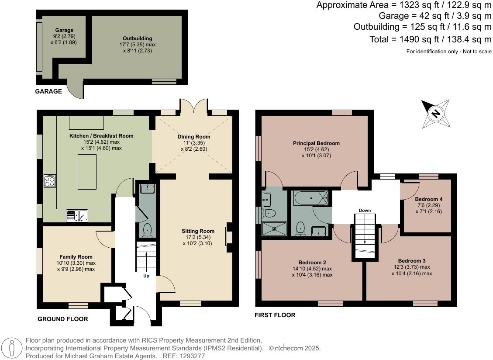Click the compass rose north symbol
coord(435,113)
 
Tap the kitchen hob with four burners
coord(50,180)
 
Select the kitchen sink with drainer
coord(77,215)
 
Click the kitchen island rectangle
coord(87,172)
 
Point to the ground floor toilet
coord(147,230)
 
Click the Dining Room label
coord(194,137)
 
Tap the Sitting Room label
coord(198,231)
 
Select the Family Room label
coord(76,257)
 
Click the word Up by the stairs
coord(146,276)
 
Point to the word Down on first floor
coord(365,210)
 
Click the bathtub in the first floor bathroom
coord(311,198)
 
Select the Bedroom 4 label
coord(429,199)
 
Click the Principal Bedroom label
coord(316,143)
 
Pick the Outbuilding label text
coord(138,38)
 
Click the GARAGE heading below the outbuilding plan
coord(48,91)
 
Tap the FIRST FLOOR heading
coord(275,315)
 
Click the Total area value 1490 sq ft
coord(418,39)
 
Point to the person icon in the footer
coord(12,348)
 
